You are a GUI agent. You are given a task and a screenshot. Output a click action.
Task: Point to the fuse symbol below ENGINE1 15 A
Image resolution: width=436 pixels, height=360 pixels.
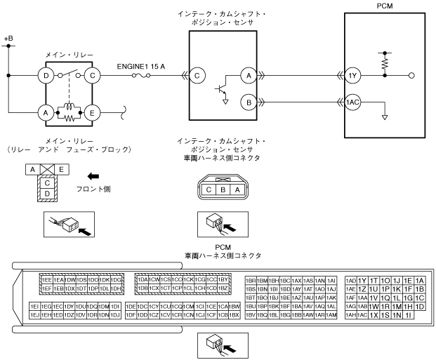click(x=140, y=76)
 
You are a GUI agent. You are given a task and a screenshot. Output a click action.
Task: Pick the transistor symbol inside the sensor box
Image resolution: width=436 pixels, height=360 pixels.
click(x=222, y=89)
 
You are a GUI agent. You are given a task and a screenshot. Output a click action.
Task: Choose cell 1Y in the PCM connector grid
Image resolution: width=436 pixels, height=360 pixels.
click(x=363, y=280)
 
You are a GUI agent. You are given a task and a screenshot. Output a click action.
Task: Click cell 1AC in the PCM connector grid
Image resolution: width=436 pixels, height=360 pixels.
click(x=363, y=315)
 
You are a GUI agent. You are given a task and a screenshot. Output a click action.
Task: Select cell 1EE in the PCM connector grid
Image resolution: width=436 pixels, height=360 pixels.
click(x=47, y=280)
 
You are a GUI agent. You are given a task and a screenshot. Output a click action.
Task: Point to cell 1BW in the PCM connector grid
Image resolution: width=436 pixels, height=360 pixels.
click(x=235, y=306)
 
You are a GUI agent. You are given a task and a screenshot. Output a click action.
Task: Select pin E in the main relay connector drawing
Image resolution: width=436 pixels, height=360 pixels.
click(x=62, y=169)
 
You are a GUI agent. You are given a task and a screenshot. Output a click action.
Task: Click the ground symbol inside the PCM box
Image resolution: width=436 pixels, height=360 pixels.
click(x=384, y=116)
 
